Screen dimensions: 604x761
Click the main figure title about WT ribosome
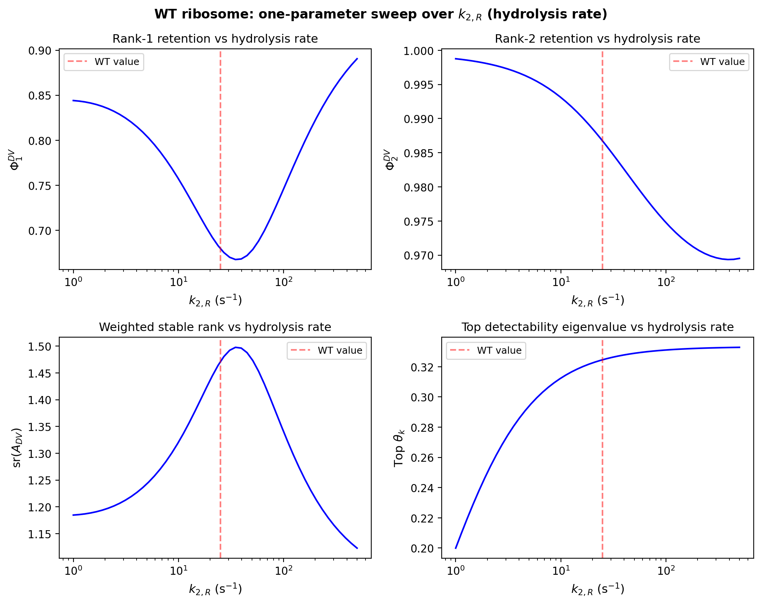pos(380,14)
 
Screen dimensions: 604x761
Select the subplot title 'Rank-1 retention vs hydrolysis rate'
pos(215,39)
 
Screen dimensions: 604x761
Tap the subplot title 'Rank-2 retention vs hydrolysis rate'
pos(597,39)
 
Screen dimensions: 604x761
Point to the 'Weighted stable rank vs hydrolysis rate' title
pos(215,327)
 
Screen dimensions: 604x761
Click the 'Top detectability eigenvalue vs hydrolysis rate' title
pos(597,327)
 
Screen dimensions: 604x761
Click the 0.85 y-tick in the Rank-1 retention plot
pos(40,96)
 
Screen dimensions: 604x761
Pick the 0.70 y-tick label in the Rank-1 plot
pos(40,231)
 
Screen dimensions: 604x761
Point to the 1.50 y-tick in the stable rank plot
pos(40,346)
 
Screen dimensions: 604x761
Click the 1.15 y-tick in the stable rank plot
pos(40,534)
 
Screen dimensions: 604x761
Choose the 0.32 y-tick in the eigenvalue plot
pos(422,368)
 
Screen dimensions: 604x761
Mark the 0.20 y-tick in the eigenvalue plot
pos(422,548)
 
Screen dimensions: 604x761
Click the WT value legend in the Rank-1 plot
pos(104,62)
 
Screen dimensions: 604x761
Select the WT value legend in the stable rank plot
pos(327,351)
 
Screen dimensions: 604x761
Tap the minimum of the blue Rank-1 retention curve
pos(236,260)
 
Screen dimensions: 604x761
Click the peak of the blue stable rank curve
pos(236,347)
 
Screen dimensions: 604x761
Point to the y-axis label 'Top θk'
pos(399,448)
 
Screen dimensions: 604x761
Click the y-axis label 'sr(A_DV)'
pos(17,448)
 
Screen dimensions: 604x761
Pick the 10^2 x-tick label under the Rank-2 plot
pos(666,282)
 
